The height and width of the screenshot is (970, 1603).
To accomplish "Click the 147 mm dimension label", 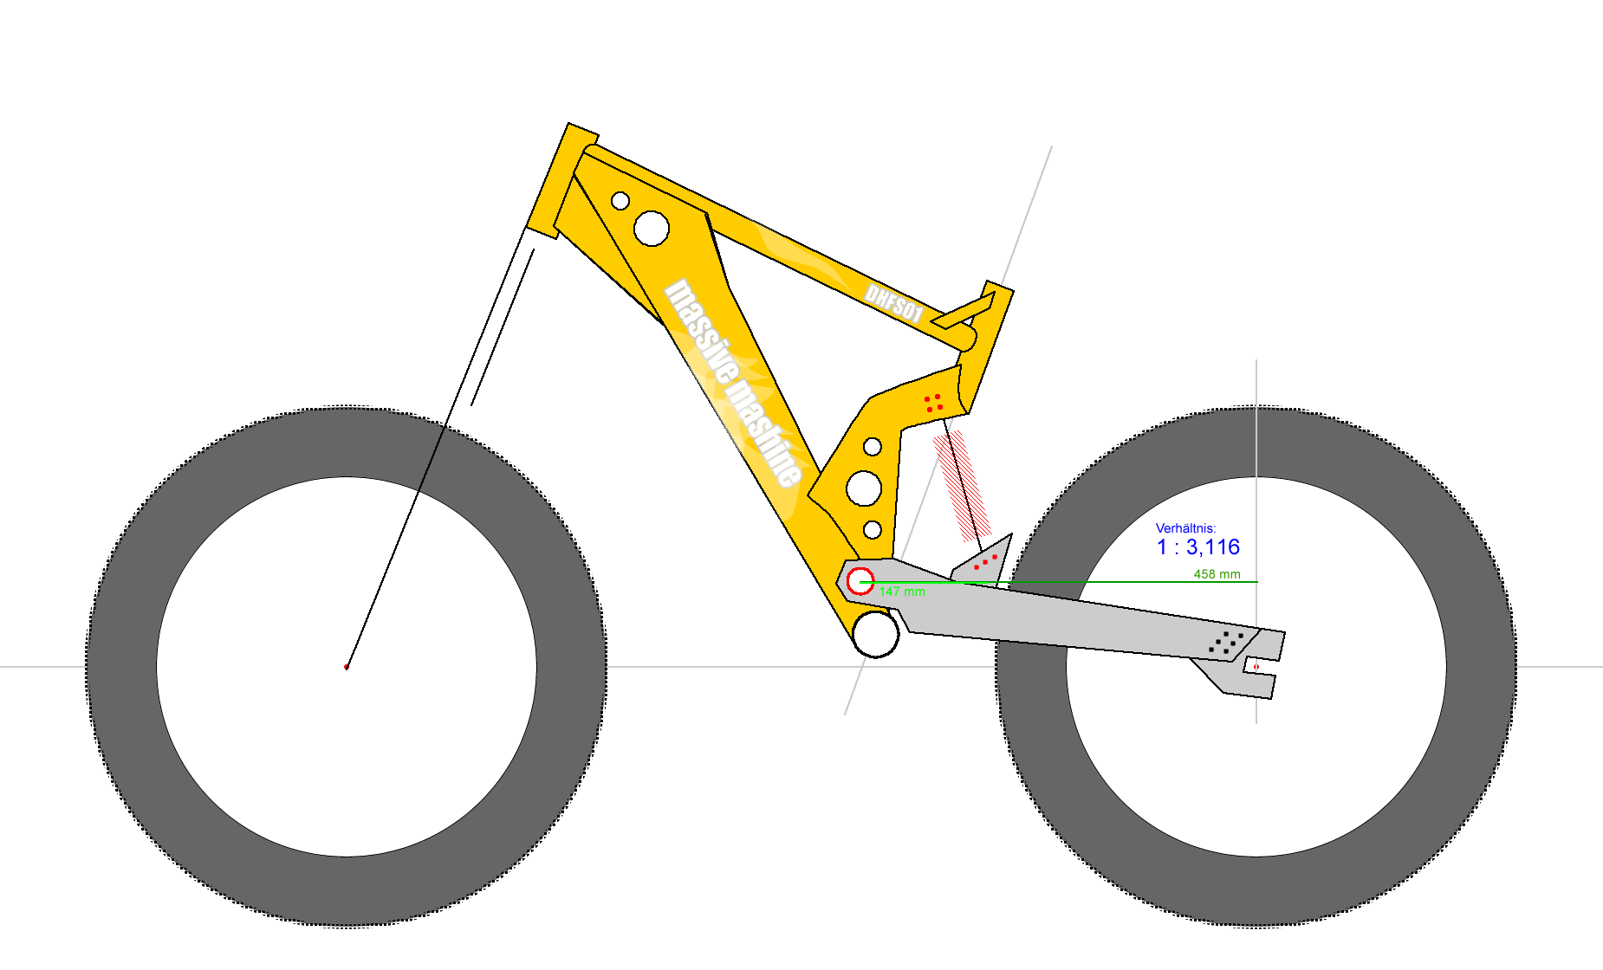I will point(902,592).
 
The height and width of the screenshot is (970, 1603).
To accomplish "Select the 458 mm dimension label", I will point(1217,574).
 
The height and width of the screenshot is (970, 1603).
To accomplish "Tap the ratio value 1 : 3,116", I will point(1198,547).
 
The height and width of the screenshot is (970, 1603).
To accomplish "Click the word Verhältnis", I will point(1185,527).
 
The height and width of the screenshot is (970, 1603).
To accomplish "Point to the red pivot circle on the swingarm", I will point(860,581).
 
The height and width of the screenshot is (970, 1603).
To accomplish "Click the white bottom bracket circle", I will point(875,634).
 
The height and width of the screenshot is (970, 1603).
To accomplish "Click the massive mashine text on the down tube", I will point(733,382).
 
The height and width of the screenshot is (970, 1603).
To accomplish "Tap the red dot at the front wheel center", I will point(347,667).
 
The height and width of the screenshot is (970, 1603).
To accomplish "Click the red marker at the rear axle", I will point(1256,667).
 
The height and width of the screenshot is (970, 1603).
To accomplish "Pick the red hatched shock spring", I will point(961,485).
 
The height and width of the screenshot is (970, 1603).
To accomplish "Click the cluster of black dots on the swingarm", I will point(1226,642).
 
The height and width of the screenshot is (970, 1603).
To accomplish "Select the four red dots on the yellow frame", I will point(933,403).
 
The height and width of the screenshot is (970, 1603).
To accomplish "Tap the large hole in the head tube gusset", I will point(652,229).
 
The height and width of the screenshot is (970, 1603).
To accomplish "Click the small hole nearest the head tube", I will point(620,201).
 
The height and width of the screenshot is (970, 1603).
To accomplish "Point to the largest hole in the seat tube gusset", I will point(864,488).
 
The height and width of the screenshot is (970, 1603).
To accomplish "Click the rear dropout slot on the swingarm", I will point(1261,667).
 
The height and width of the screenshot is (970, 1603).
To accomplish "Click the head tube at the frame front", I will point(562,181).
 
